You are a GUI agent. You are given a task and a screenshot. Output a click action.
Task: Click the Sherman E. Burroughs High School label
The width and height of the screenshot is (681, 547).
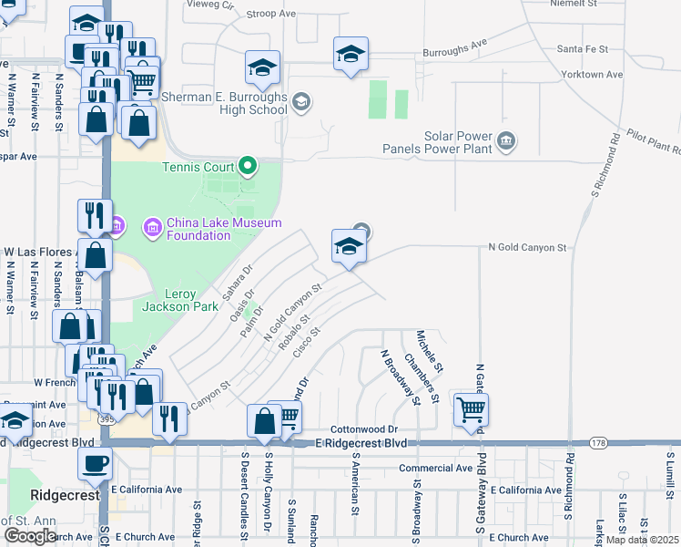(x=224, y=103)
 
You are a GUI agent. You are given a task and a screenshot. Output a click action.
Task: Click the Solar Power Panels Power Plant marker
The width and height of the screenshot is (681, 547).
(x=507, y=141)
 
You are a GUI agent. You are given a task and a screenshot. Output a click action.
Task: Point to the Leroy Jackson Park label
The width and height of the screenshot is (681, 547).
(x=180, y=300)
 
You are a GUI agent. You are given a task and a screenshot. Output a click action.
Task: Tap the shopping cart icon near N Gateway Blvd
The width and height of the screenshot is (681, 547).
(x=471, y=409)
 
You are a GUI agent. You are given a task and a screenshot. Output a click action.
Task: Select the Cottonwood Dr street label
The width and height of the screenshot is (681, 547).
(x=364, y=428)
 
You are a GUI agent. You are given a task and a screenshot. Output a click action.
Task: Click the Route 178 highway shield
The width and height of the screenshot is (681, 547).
(x=597, y=443)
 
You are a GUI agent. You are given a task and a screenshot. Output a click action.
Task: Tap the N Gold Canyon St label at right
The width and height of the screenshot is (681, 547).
(x=527, y=247)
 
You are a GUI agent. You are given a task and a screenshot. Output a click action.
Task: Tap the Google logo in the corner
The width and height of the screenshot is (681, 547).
(x=30, y=535)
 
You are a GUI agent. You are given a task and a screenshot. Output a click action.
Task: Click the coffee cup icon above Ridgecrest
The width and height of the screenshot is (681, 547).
(x=95, y=462)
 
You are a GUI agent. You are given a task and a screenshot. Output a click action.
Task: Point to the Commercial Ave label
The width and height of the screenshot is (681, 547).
(x=435, y=469)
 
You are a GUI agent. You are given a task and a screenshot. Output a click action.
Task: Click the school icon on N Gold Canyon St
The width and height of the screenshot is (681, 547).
(x=349, y=246)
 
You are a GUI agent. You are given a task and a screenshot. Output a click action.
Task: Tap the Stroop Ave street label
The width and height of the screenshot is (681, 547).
(x=272, y=14)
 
